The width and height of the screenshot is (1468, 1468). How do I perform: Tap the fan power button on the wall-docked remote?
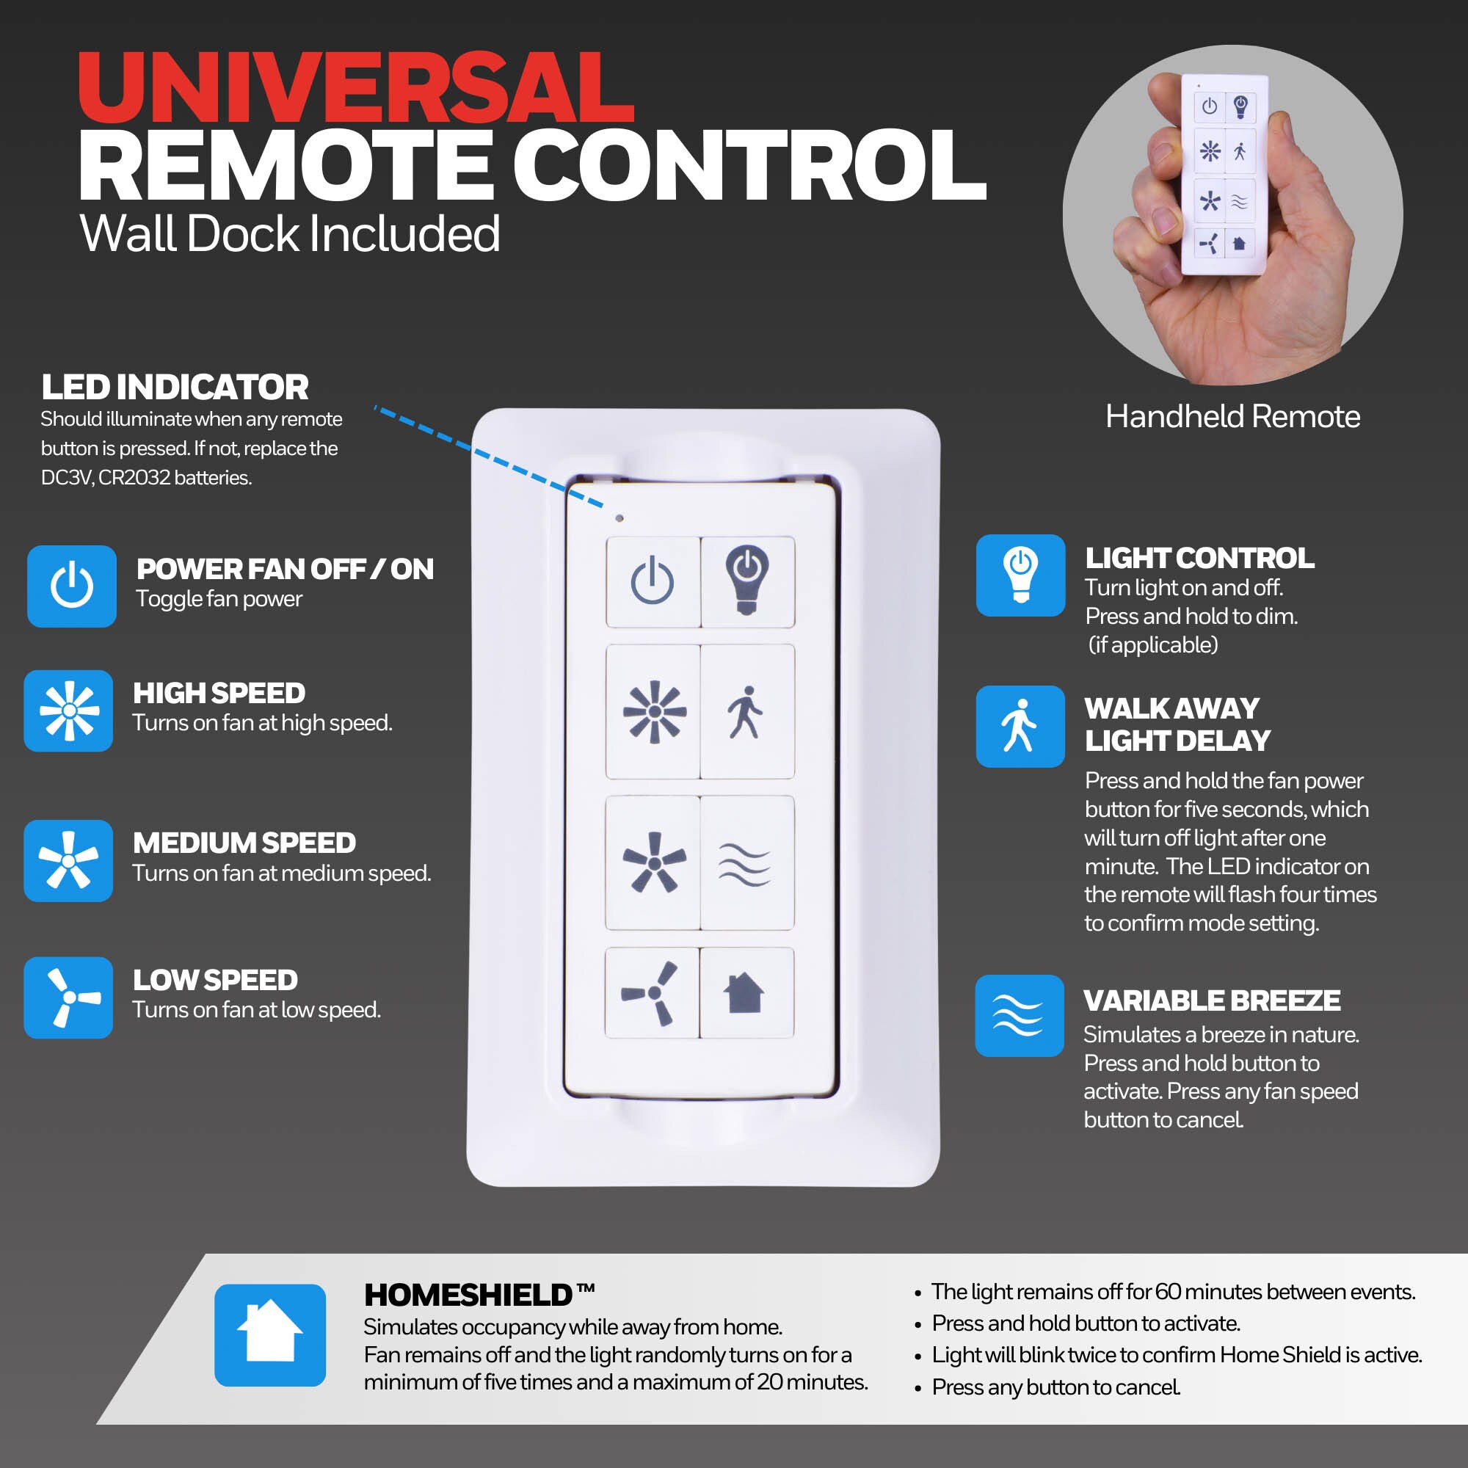point(653,581)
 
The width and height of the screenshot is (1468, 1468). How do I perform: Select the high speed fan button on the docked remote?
point(653,712)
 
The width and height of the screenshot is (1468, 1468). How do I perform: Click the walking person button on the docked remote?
point(747,712)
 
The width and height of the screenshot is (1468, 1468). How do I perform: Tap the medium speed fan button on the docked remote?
point(653,862)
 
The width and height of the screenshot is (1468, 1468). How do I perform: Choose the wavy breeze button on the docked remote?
point(747,862)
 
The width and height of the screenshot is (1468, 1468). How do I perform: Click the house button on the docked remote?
point(746,992)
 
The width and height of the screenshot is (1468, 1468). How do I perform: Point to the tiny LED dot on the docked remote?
point(619,518)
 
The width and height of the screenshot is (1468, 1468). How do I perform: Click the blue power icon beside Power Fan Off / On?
point(71,586)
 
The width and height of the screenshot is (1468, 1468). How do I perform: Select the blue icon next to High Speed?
point(68,711)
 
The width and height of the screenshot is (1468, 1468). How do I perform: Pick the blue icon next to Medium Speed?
point(68,861)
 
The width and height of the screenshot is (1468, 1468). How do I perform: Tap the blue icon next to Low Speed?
point(68,997)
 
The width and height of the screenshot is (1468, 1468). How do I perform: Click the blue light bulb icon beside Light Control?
point(1020,575)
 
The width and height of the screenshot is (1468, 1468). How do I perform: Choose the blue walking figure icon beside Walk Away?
point(1020,727)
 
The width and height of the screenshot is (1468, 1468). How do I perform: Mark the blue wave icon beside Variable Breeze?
point(1020,1016)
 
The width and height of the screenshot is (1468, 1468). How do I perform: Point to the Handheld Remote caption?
point(1232,416)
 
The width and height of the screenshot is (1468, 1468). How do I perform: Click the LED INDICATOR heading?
point(175,387)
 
